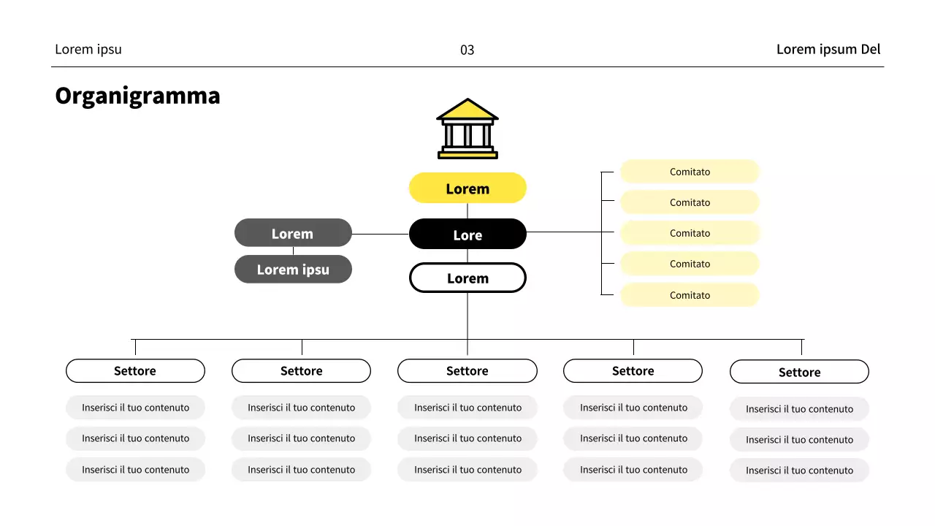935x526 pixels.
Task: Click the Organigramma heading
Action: point(137,96)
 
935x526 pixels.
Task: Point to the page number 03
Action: point(467,50)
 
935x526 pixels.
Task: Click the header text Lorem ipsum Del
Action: point(828,49)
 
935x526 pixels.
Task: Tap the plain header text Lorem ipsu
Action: point(88,49)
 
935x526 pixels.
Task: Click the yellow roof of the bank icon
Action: point(467,110)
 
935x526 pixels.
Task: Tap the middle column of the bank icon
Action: point(467,135)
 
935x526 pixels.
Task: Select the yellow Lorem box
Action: point(467,188)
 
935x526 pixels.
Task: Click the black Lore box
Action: point(467,235)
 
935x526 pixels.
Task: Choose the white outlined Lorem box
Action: point(467,278)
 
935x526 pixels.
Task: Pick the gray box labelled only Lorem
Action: point(292,234)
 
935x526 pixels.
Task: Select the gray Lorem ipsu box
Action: point(292,270)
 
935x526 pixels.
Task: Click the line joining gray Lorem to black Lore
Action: point(380,235)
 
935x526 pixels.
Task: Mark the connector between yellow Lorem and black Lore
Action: point(467,210)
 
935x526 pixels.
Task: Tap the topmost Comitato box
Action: point(690,172)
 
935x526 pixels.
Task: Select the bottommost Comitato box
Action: point(690,295)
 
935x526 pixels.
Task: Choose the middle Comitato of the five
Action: point(690,233)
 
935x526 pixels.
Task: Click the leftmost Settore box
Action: point(135,370)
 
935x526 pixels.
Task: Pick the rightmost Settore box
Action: point(799,372)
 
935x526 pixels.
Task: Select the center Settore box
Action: point(467,370)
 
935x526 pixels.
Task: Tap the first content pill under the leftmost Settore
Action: point(135,408)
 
